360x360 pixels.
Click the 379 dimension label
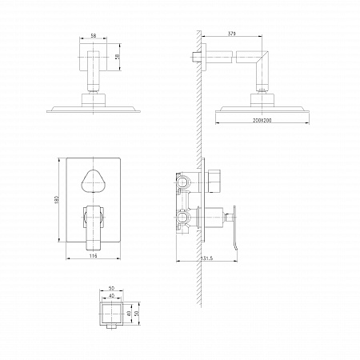[x=232, y=34]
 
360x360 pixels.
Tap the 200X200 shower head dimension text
[x=262, y=120]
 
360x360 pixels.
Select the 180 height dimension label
[x=56, y=200]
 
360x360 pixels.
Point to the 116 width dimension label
[x=93, y=256]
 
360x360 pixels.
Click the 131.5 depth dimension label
[x=206, y=258]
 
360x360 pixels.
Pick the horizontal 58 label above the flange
[x=94, y=35]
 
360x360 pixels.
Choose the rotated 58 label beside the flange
[x=118, y=57]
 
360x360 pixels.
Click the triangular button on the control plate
[x=93, y=181]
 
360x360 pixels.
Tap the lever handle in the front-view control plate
[x=94, y=227]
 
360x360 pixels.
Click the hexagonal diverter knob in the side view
[x=214, y=181]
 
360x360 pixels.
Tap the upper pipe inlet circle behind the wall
[x=182, y=182]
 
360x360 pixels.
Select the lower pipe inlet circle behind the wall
[x=182, y=218]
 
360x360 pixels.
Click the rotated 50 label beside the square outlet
[x=137, y=314]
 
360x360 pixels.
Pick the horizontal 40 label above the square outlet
[x=112, y=295]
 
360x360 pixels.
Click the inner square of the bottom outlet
[x=112, y=314]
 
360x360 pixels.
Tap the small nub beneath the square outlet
[x=112, y=327]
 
